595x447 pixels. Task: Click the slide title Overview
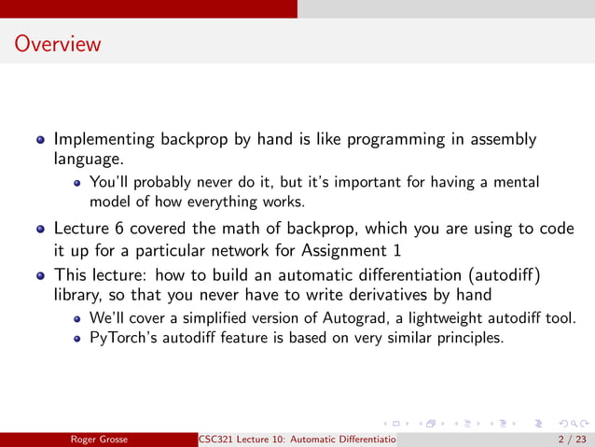[x=58, y=44]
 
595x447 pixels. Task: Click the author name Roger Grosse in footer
[x=104, y=439]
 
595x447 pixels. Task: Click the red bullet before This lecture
[x=40, y=276]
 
